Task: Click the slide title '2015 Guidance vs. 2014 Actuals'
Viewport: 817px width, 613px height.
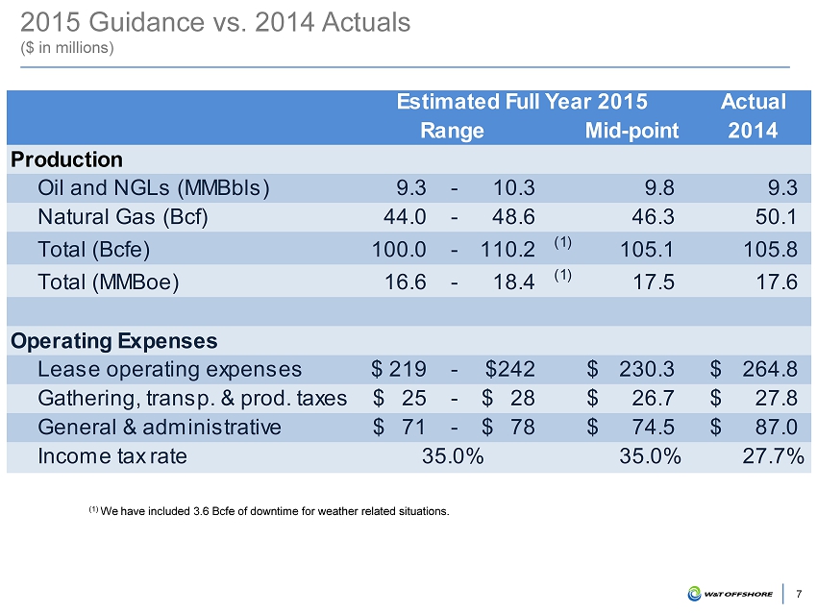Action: (x=216, y=22)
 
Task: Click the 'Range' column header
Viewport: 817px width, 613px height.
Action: (x=452, y=130)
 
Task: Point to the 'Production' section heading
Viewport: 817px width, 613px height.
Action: (x=66, y=159)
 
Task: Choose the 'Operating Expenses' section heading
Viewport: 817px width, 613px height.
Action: (x=113, y=340)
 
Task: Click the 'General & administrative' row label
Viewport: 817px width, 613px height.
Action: (x=160, y=427)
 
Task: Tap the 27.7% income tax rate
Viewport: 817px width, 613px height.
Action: (x=774, y=455)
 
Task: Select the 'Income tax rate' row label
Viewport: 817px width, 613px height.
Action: (x=112, y=455)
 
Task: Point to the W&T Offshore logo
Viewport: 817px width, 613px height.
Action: (x=730, y=593)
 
